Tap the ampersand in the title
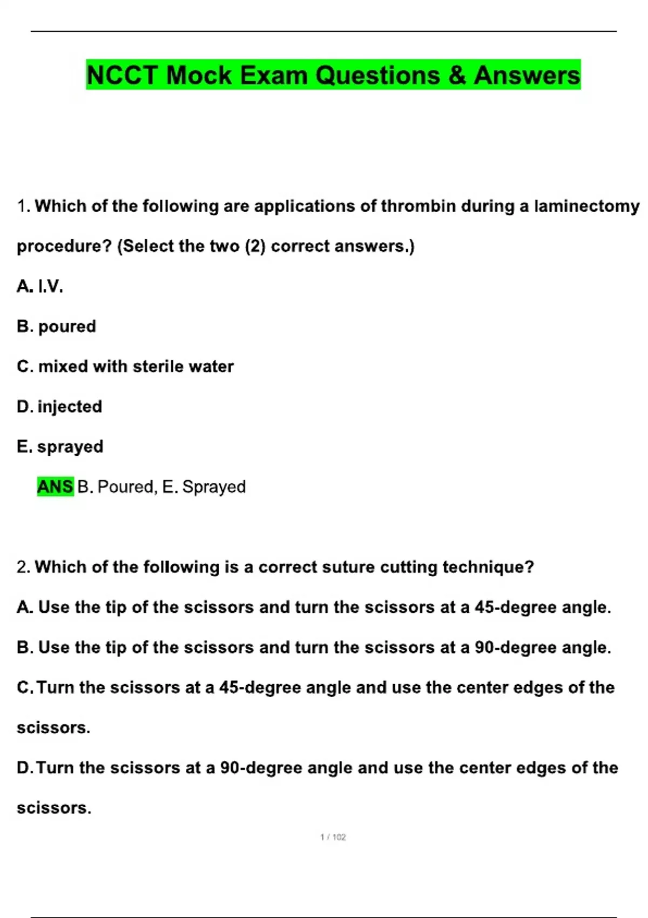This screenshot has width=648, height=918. pyautogui.click(x=457, y=75)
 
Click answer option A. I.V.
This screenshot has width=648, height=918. pyautogui.click(x=40, y=286)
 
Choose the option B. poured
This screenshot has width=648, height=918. pyautogui.click(x=56, y=327)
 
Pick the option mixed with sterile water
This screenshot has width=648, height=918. pyautogui.click(x=125, y=367)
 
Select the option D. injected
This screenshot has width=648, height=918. pyautogui.click(x=59, y=407)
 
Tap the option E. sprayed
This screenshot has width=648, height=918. pyautogui.click(x=60, y=447)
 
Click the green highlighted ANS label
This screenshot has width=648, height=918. pyautogui.click(x=55, y=487)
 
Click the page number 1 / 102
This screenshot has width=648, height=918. pyautogui.click(x=333, y=837)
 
